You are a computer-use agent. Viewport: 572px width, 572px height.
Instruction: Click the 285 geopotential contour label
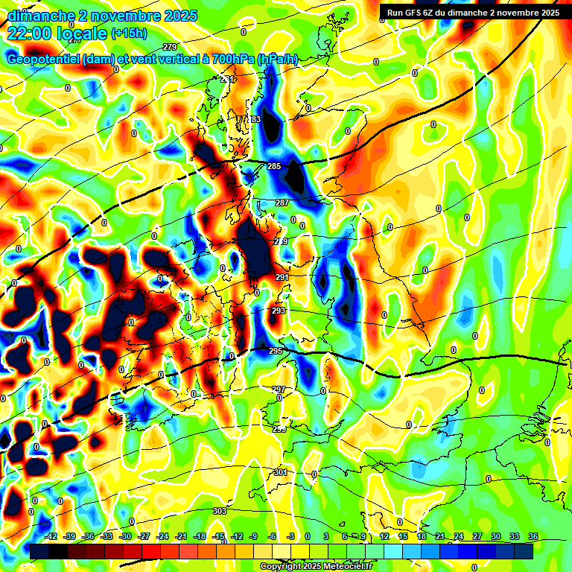click(274, 166)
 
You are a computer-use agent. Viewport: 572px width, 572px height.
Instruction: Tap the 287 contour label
click(282, 203)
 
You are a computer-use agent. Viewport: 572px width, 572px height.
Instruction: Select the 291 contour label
click(282, 277)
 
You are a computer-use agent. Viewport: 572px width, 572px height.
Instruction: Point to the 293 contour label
click(278, 311)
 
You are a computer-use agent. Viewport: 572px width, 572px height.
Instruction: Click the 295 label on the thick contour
click(276, 350)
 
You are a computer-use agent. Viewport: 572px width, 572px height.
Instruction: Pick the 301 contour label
click(280, 472)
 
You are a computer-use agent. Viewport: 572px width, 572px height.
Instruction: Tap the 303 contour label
click(219, 511)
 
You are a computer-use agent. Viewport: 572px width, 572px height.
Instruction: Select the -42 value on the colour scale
click(51, 537)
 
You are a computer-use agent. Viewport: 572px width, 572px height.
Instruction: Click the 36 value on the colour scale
click(533, 537)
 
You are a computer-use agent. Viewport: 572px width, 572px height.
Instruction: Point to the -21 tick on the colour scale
click(180, 537)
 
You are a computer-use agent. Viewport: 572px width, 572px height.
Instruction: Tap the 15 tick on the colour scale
click(403, 537)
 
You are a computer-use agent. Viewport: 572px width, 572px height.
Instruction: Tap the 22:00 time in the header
click(28, 33)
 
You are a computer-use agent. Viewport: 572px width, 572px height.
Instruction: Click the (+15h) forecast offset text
click(129, 34)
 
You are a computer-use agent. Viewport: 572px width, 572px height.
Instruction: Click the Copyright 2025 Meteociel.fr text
click(315, 566)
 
